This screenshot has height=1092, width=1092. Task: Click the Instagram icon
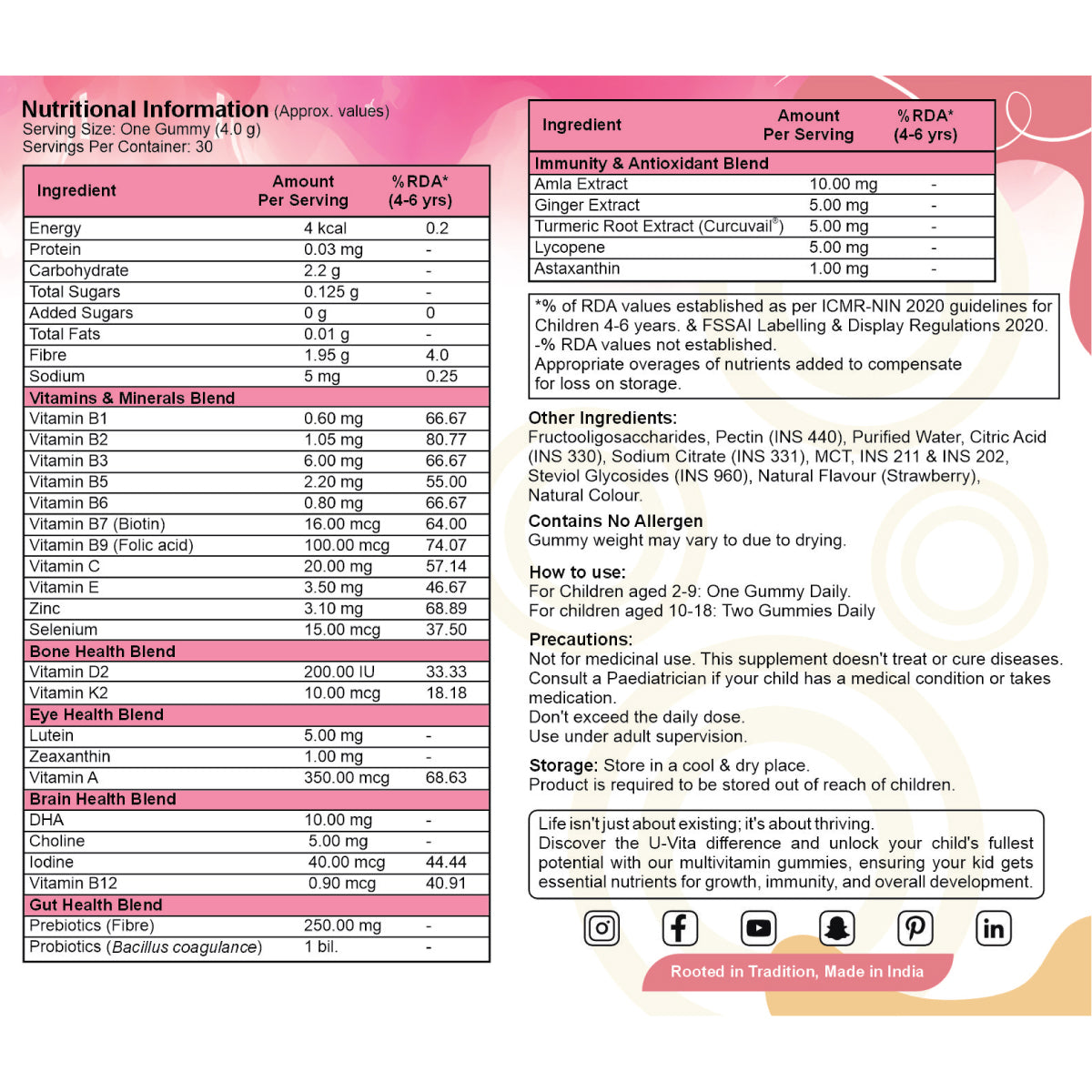click(602, 928)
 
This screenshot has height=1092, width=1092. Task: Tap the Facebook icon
click(679, 928)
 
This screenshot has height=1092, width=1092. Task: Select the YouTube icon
click(758, 928)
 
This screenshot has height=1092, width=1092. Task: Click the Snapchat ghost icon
click(836, 928)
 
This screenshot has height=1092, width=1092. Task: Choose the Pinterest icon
click(915, 928)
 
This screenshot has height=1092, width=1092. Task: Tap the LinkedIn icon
click(994, 928)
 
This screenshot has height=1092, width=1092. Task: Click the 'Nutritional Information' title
click(145, 109)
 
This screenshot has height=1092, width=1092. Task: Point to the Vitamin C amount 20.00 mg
click(338, 566)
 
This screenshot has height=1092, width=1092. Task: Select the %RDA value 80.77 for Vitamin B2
click(446, 440)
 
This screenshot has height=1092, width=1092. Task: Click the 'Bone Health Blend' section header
click(102, 651)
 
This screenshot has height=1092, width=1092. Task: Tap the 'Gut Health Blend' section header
click(96, 905)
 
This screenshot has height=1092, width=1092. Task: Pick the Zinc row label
click(45, 608)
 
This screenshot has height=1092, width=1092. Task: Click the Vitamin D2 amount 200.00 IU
click(339, 672)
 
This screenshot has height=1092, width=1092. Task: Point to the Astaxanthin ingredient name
click(577, 268)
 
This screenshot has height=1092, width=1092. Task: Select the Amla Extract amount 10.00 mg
click(843, 184)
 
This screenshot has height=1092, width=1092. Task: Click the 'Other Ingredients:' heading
click(602, 418)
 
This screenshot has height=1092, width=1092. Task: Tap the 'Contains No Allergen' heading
click(615, 521)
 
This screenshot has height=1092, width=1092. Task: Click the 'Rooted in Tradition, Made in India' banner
click(796, 972)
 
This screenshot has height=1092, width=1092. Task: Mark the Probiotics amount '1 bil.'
click(321, 946)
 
